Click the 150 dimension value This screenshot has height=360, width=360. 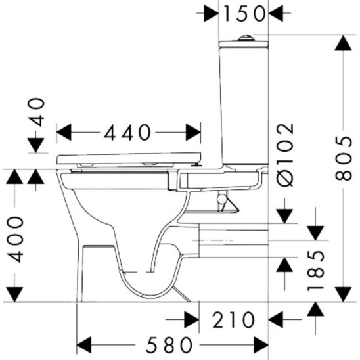(243, 12)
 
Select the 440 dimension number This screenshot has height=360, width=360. (128, 133)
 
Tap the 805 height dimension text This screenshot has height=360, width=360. (342, 158)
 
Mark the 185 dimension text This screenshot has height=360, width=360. (317, 270)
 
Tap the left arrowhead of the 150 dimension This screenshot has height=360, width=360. (212, 12)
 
